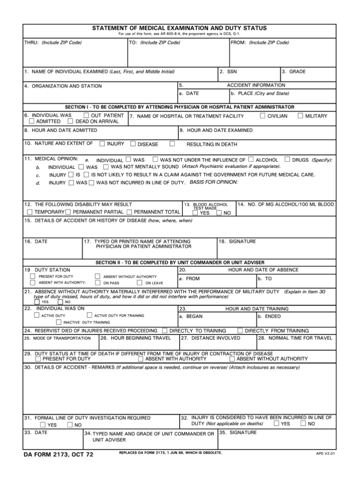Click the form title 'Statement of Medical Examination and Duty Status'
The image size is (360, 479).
[180, 29]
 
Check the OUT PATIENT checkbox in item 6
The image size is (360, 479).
[86, 115]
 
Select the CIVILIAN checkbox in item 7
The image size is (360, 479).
[262, 116]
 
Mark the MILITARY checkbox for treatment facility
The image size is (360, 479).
[300, 116]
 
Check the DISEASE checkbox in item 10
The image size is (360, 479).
[133, 144]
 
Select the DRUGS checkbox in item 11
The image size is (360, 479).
[287, 160]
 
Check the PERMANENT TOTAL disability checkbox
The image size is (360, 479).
[129, 212]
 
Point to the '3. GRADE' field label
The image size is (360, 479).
[294, 72]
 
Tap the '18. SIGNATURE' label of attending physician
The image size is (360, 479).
[237, 242]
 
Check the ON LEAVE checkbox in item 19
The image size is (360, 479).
[139, 283]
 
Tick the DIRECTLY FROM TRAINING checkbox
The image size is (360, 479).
[240, 331]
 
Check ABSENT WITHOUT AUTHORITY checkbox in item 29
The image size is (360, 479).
[232, 359]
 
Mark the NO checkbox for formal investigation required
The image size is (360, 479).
[70, 425]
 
